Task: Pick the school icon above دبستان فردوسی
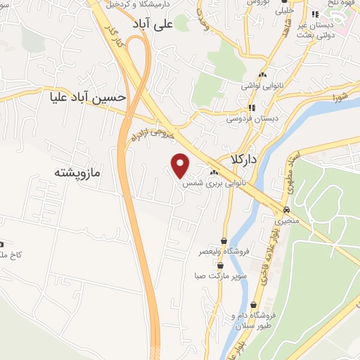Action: point(252,108)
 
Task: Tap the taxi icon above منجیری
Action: point(286,210)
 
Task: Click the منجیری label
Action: point(286,221)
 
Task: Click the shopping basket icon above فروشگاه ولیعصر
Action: point(224,240)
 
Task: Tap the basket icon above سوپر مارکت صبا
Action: point(221,265)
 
